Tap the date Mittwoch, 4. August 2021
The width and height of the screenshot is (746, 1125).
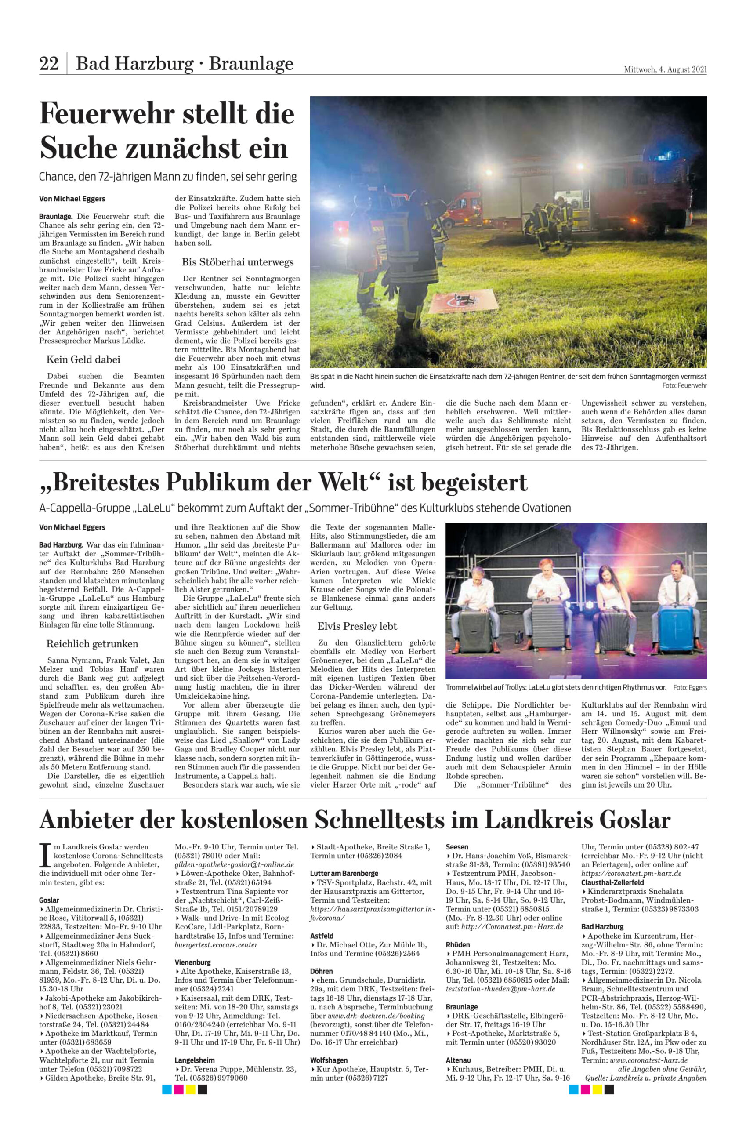click(665, 69)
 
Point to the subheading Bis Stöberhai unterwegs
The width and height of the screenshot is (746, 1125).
click(237, 262)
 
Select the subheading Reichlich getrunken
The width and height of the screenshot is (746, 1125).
click(92, 644)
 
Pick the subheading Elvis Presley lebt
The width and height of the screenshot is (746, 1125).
click(357, 626)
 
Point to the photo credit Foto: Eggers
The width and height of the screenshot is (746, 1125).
click(689, 688)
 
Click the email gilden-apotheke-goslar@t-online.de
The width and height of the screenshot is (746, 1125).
click(234, 865)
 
